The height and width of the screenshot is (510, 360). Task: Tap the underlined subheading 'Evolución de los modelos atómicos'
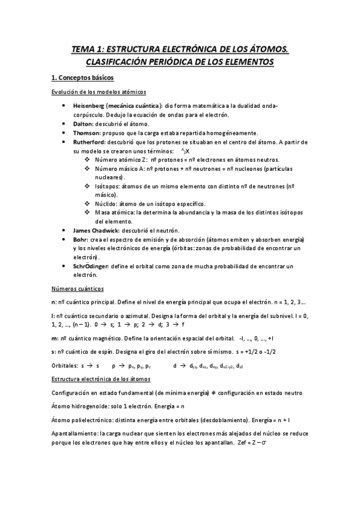(97, 91)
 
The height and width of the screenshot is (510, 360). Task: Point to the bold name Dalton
(83, 123)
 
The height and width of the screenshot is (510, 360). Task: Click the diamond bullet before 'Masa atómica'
(88, 213)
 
